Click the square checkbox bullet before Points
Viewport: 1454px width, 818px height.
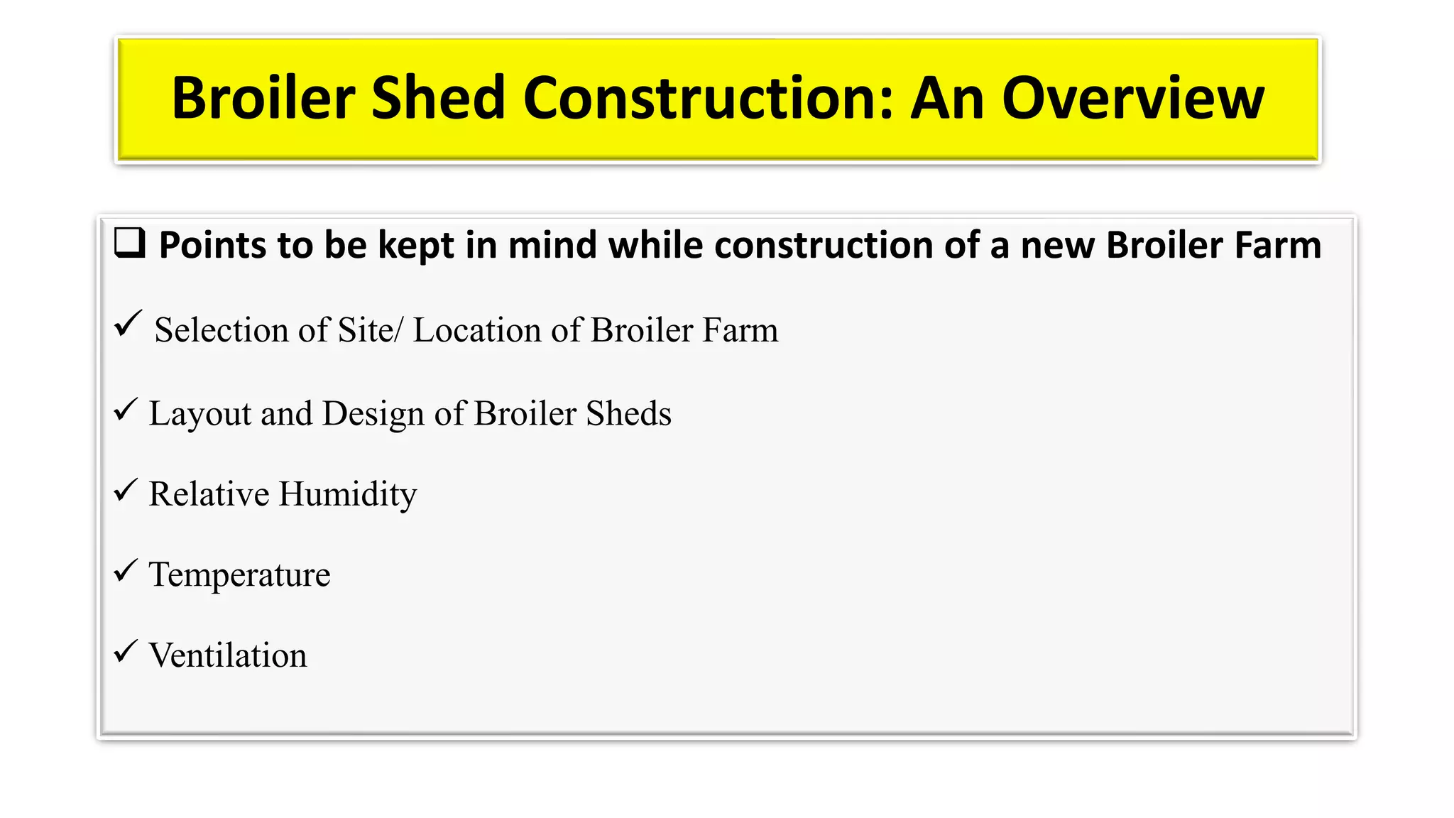click(x=130, y=244)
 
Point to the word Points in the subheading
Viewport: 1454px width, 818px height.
click(x=212, y=246)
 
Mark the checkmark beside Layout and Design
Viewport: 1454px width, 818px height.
click(x=126, y=410)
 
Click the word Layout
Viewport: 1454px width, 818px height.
click(x=199, y=414)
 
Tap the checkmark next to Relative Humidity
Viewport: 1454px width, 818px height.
click(x=126, y=490)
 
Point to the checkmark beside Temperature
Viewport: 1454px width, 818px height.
click(x=126, y=570)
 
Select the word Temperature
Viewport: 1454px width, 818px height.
click(x=239, y=575)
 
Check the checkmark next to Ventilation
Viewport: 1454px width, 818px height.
click(x=126, y=650)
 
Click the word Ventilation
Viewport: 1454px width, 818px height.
click(x=228, y=655)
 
